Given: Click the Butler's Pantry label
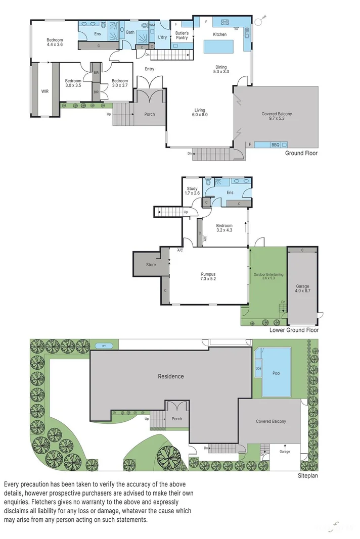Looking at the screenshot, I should coord(182,35).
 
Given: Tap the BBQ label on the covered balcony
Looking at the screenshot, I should coord(275,144).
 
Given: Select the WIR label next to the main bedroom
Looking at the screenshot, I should coord(45,91).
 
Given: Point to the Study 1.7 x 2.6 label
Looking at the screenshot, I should coord(192,191).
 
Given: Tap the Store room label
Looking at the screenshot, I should coord(151,264).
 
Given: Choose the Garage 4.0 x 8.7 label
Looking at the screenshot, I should coord(302,289).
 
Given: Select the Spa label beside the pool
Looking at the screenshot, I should coord(258,369).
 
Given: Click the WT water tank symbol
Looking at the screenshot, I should coord(104,346).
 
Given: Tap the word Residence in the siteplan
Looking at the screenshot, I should coord(170,376).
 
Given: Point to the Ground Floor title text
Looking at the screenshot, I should coord(301,153).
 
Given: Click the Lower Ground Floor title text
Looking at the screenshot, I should coord(294,330).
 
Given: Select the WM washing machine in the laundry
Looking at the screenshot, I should coord(152,25).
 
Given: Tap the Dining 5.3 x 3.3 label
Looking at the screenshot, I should coord(221,69).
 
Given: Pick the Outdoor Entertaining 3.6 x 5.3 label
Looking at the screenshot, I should coord(268,276).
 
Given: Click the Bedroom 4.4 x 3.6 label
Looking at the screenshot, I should coord(55,42).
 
